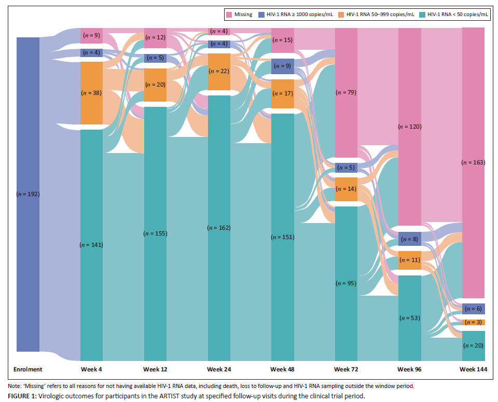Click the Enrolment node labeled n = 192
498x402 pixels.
click(x=27, y=194)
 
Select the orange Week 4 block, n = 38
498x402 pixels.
click(x=91, y=93)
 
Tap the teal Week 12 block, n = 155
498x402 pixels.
click(x=155, y=233)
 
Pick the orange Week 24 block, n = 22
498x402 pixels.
click(x=218, y=72)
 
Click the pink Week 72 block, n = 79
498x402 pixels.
click(x=345, y=92)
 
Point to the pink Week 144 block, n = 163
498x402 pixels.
click(x=473, y=162)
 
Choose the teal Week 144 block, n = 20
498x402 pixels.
click(x=473, y=346)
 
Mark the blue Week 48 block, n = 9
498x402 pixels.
click(x=282, y=66)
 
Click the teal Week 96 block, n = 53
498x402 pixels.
click(x=409, y=317)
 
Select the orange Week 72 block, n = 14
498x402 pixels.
click(x=345, y=189)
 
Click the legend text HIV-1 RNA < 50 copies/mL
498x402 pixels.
click(x=457, y=15)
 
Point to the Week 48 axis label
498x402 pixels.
click(x=282, y=369)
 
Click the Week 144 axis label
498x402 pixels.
click(x=473, y=369)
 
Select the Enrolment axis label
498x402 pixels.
click(x=27, y=369)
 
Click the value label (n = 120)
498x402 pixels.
click(x=409, y=127)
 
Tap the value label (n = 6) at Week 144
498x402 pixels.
click(x=473, y=309)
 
